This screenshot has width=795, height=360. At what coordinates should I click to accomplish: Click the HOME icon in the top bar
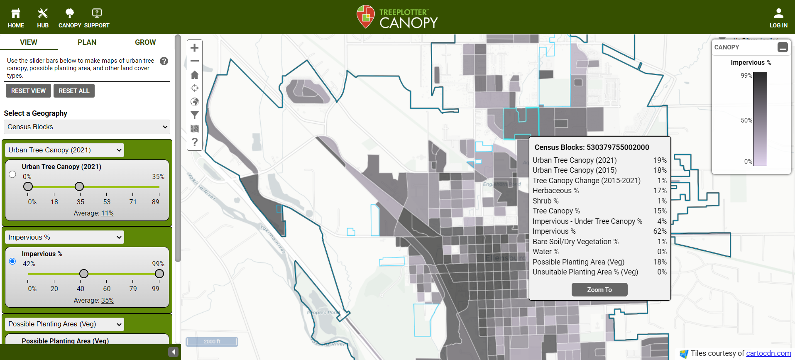coord(16,14)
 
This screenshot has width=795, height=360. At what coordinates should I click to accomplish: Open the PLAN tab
coord(87,42)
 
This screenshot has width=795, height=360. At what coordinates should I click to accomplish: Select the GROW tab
coord(145,42)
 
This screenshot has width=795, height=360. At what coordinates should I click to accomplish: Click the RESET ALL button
coord(74,91)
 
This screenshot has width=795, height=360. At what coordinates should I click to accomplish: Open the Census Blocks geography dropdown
coord(87,127)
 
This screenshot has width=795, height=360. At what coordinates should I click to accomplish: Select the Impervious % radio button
coord(12,261)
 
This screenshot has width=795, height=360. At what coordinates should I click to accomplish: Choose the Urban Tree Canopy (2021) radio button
coord(12,174)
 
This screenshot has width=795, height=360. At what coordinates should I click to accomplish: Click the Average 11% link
coord(107,213)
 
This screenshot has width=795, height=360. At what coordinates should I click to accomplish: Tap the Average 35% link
coord(107,301)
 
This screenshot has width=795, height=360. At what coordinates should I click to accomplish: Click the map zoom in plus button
coord(194,48)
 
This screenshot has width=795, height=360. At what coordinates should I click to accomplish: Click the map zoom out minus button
coord(194,61)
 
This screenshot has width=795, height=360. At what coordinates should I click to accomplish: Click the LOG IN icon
coord(778,14)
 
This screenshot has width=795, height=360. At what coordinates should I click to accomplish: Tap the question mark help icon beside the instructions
coord(164,61)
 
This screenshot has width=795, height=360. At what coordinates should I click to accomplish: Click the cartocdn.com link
coord(768,353)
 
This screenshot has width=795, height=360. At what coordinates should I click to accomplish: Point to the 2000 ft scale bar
coord(212,342)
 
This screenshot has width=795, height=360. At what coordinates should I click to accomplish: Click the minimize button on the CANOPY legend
coord(783,47)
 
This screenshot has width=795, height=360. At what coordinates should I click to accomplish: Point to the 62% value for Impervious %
coord(660,231)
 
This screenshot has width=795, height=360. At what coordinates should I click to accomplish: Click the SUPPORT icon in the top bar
coord(97,14)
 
